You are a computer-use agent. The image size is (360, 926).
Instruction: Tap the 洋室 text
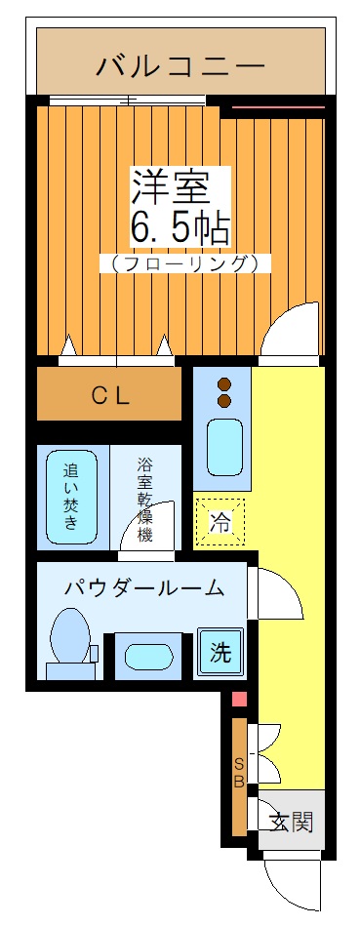point(180,186)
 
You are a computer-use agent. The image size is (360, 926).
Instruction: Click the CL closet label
point(110,395)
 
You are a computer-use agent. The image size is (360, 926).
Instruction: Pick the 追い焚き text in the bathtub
point(72,497)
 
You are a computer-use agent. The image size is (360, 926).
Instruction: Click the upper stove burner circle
point(223,383)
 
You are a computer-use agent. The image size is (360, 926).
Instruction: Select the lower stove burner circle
point(223,400)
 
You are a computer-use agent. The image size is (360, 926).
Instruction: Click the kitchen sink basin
point(223,447)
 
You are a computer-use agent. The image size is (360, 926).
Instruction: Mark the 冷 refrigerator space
point(220,523)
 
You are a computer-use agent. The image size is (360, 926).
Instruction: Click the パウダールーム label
point(144,587)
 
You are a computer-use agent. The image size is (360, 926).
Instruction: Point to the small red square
point(239,699)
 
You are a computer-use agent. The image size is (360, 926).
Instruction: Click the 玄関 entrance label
point(292,823)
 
